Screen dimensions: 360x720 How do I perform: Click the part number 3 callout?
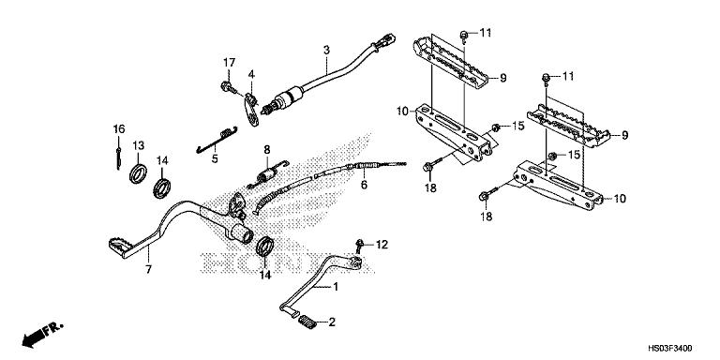point(326,49)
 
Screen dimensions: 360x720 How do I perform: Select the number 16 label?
point(119,128)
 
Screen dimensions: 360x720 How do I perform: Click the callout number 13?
point(138,145)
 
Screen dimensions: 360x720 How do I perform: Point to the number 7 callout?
point(146,269)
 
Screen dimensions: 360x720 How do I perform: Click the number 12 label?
point(382,245)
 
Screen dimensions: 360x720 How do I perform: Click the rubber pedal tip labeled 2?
point(306,325)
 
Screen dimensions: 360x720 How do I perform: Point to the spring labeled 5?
point(217,137)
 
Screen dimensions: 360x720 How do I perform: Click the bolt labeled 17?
point(229,88)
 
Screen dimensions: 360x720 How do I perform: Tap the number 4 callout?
point(250,74)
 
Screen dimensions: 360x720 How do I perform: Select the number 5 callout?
point(215,159)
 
